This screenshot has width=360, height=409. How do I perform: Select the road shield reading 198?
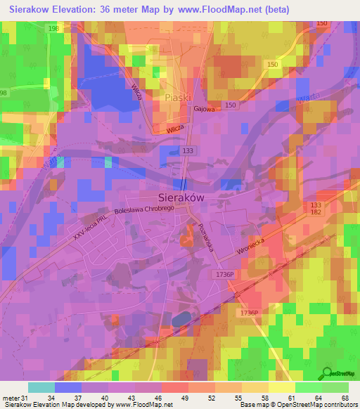[x=54, y=27]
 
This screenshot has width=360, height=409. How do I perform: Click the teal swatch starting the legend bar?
[x=41, y=387]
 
